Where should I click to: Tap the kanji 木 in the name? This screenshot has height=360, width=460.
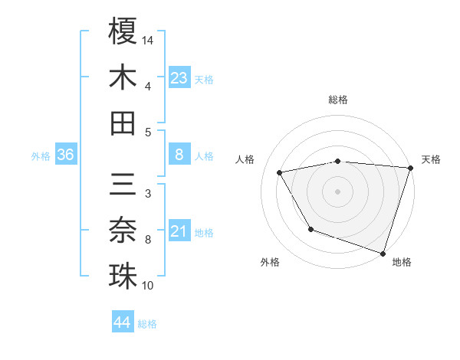click(123, 77)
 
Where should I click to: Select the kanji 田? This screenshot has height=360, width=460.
click(123, 123)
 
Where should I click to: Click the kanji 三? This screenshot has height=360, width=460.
click(123, 185)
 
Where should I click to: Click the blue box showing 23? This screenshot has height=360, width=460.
click(179, 78)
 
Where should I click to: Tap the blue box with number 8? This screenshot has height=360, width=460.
click(179, 155)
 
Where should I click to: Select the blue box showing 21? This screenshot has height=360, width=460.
click(179, 231)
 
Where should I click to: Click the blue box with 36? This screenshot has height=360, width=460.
click(65, 155)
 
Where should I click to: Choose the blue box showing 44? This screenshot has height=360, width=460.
click(122, 322)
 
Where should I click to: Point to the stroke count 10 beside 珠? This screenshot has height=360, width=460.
click(149, 286)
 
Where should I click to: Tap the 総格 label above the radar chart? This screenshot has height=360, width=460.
click(337, 100)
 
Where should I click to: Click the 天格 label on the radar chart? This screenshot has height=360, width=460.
click(431, 159)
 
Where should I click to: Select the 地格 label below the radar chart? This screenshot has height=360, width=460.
click(402, 263)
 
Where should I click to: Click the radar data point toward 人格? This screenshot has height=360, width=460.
click(280, 173)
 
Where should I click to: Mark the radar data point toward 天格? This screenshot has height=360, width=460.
click(410, 168)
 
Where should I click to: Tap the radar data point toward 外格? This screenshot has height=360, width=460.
click(310, 229)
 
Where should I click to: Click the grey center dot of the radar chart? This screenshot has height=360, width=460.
click(337, 191)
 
